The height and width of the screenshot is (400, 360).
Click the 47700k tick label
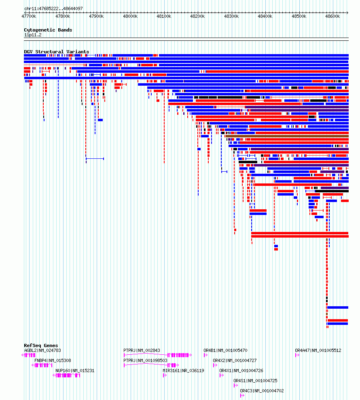(x=29, y=16)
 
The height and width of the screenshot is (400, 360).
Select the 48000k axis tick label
(x=130, y=16)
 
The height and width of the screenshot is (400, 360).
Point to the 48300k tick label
(x=231, y=16)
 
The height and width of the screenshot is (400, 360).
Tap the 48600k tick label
(x=332, y=16)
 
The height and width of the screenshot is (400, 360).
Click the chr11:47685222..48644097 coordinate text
(x=53, y=8)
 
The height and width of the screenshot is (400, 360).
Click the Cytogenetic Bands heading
(x=48, y=30)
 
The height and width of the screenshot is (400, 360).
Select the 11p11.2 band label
(x=33, y=35)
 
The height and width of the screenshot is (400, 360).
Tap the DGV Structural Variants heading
(x=56, y=52)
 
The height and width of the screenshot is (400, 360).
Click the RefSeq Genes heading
(x=41, y=346)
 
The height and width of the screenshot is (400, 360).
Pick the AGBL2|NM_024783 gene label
(x=42, y=351)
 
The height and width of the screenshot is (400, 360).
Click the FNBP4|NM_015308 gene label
(x=53, y=360)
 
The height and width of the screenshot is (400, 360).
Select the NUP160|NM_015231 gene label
(x=75, y=371)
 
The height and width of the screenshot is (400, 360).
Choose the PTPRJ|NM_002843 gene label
(x=142, y=351)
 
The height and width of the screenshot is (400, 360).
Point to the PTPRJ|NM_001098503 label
(x=145, y=360)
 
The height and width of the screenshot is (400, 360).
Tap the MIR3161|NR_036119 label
(x=183, y=371)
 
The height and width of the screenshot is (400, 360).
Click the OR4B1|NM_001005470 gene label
(x=225, y=351)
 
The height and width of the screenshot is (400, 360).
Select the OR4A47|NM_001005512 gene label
(x=318, y=351)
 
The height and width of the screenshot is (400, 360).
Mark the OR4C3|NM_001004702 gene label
(x=262, y=391)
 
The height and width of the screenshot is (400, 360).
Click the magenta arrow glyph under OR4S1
(x=236, y=385)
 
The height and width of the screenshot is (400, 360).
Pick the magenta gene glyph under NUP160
(x=66, y=375)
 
